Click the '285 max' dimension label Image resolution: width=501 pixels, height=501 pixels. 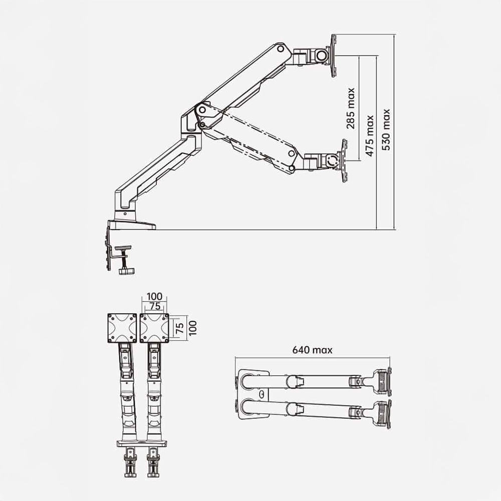[351, 108]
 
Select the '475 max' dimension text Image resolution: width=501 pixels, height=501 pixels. [370, 136]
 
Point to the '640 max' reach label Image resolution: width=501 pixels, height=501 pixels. [313, 350]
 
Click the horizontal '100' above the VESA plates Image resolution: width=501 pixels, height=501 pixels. [154, 296]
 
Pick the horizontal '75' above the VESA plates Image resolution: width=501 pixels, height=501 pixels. [154, 306]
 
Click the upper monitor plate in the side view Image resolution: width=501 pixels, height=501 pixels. [333, 55]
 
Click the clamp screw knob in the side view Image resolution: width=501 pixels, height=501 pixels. [124, 271]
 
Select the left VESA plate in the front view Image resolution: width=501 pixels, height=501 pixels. [122, 328]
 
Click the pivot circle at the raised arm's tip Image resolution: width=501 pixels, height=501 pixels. [282, 49]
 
